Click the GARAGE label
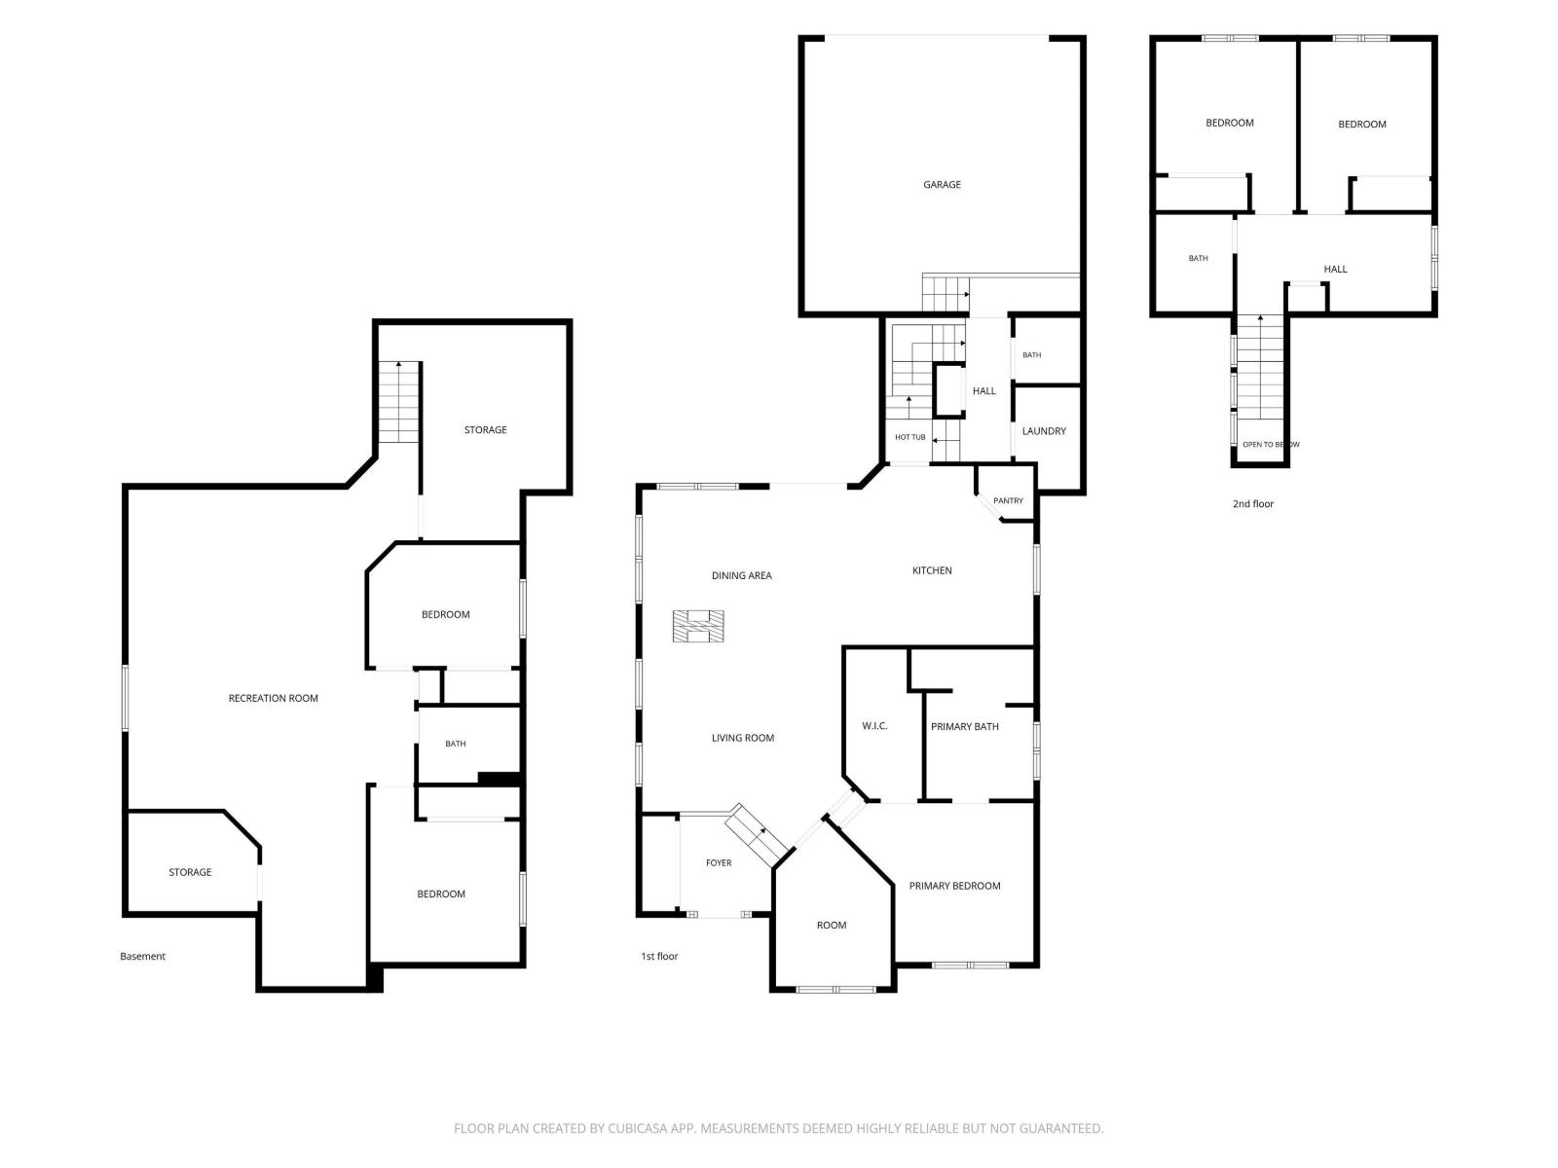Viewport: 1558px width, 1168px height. click(942, 184)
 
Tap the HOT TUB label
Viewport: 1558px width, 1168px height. click(909, 437)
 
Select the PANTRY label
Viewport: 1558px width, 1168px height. click(1008, 500)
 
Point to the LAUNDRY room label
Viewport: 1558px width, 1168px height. click(1044, 430)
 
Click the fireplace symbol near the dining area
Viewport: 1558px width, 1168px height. click(698, 626)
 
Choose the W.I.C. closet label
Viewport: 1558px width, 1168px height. click(874, 725)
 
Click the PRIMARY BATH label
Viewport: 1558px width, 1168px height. click(964, 726)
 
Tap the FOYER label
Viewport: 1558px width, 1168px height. click(719, 862)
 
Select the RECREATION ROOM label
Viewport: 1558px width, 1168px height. click(273, 698)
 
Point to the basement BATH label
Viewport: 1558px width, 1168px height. click(455, 744)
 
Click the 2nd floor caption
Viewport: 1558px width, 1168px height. click(1253, 503)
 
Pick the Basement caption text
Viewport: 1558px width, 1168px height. click(142, 956)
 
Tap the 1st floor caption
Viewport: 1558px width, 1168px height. click(658, 956)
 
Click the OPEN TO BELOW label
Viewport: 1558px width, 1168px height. click(1271, 445)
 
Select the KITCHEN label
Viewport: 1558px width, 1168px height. click(931, 570)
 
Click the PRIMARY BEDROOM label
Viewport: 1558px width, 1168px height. click(954, 886)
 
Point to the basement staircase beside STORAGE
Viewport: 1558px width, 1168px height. click(398, 402)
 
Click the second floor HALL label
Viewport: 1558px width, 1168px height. click(1334, 269)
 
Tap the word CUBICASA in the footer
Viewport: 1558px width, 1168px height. click(637, 1128)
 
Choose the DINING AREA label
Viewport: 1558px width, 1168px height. click(741, 575)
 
